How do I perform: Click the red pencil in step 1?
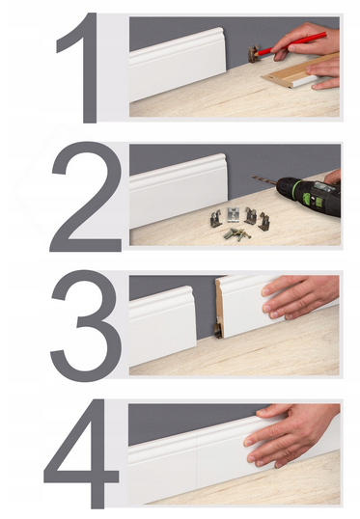(291, 43)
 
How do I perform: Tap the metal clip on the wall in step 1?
(254, 54)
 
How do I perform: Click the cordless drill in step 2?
(308, 195)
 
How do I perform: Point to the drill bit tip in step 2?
(253, 178)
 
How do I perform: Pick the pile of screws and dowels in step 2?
(237, 234)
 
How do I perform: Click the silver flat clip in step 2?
(234, 214)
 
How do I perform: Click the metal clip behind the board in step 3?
(218, 327)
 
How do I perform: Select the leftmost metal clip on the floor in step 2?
(216, 219)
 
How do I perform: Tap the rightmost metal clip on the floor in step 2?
(263, 221)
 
